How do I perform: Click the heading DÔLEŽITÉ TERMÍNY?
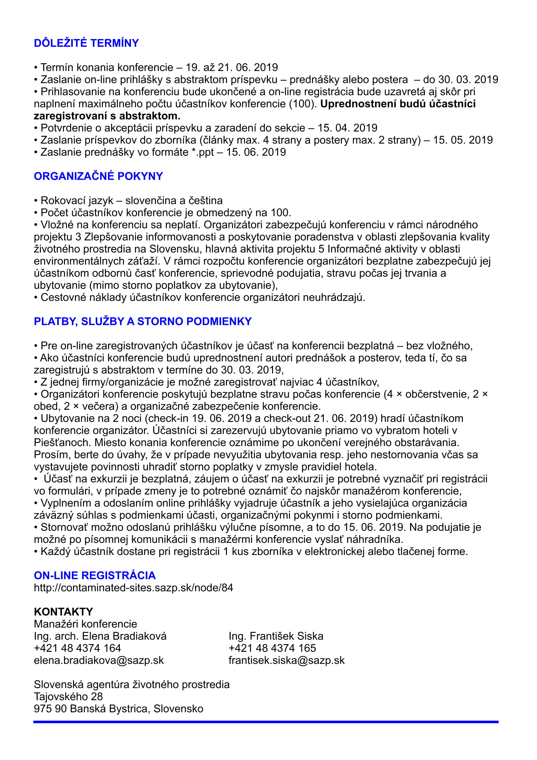(x=86, y=43)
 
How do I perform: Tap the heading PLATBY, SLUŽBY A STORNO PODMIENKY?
(x=143, y=321)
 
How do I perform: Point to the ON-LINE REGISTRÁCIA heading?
(x=94, y=575)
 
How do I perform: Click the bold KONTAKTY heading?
(x=63, y=612)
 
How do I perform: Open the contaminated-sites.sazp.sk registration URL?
(x=133, y=587)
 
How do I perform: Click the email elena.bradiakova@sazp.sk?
(x=99, y=660)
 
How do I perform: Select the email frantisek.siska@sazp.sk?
(x=286, y=660)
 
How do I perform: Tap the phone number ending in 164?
(x=77, y=648)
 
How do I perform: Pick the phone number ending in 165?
(x=272, y=648)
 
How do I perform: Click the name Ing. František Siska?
(x=276, y=636)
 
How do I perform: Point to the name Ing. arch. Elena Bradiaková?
(x=100, y=636)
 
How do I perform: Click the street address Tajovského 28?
(x=68, y=696)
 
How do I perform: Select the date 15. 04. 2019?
(x=347, y=128)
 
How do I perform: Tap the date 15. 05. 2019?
(x=463, y=140)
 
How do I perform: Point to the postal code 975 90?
(x=50, y=709)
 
